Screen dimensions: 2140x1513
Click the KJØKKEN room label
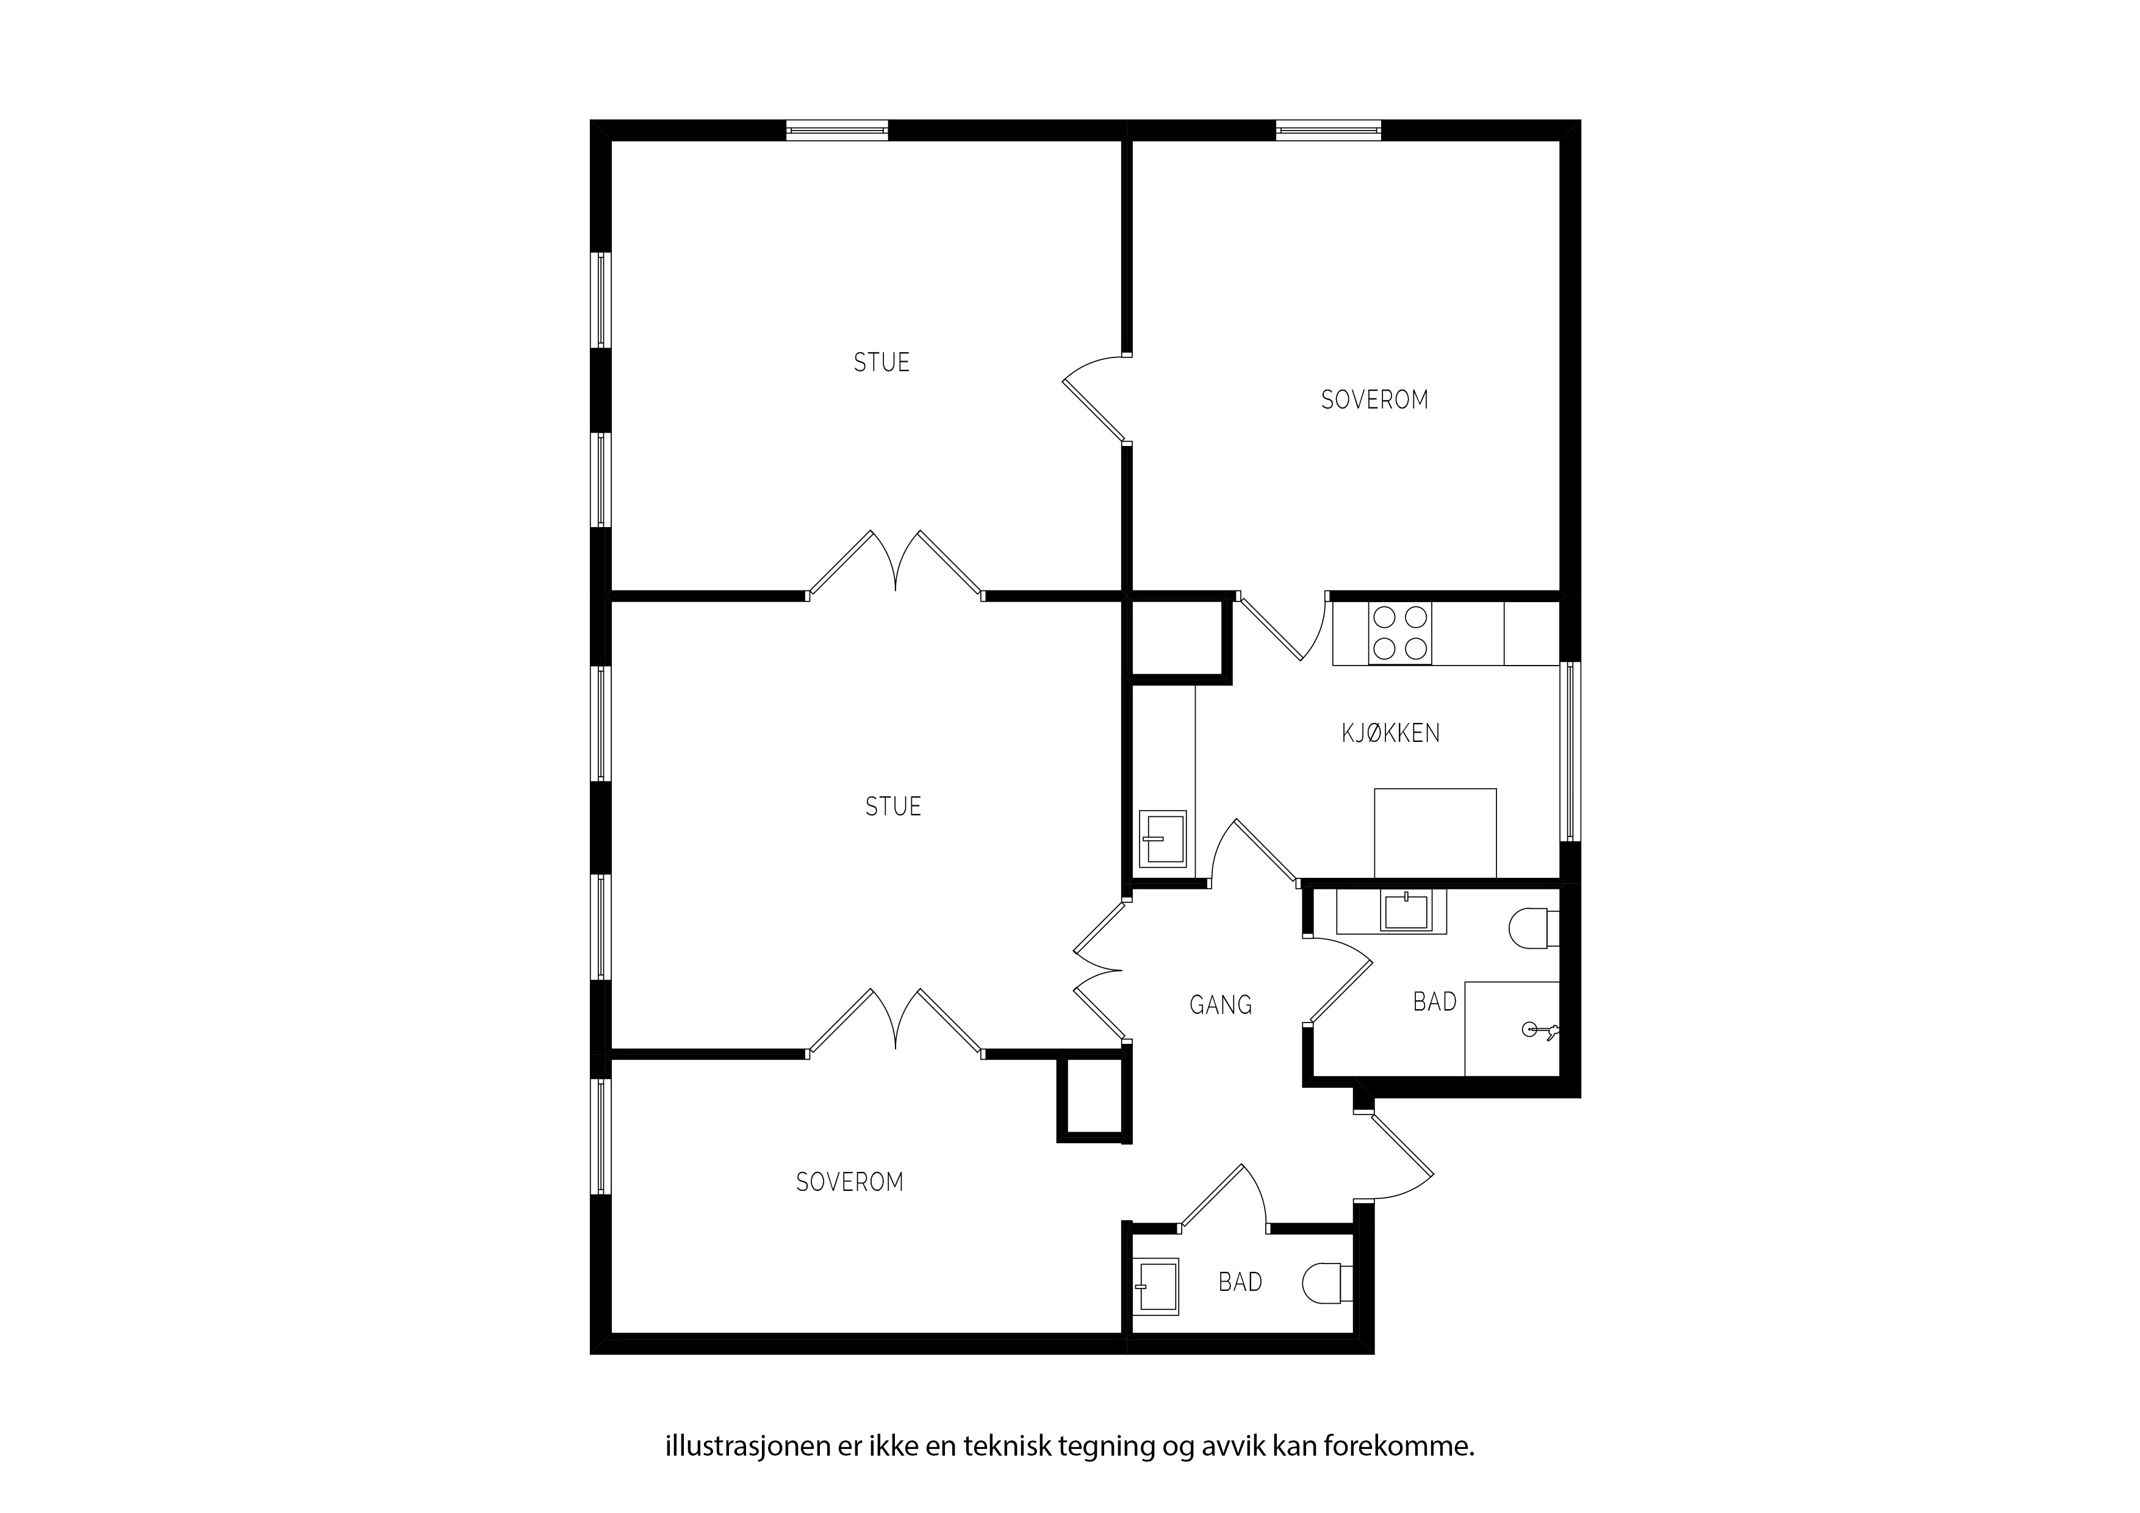click(x=1391, y=734)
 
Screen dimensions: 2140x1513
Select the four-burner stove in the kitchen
click(x=1400, y=634)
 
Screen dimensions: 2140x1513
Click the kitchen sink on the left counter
click(x=1163, y=840)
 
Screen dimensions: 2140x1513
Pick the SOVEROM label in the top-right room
click(x=1375, y=400)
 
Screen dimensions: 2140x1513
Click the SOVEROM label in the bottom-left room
click(x=849, y=1182)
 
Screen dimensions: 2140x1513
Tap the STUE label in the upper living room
click(x=881, y=362)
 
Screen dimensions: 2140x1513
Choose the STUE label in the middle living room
click(x=893, y=807)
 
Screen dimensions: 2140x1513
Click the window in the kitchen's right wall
click(x=1570, y=752)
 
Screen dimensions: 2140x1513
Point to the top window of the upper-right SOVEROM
click(x=1328, y=131)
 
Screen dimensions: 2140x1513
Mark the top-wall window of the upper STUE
click(x=837, y=131)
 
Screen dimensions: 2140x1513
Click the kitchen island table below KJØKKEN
click(x=1435, y=833)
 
